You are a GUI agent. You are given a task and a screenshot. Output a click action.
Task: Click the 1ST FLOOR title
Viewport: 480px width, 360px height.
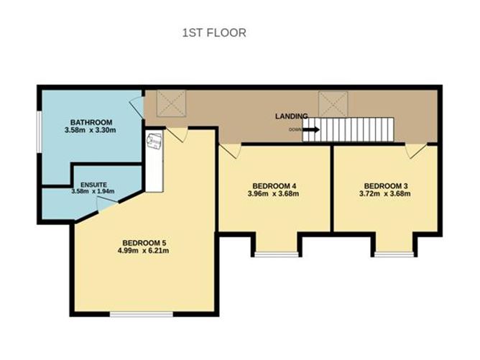point(215,32)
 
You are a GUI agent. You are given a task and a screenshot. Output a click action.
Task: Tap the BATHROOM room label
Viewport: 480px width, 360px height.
point(90,121)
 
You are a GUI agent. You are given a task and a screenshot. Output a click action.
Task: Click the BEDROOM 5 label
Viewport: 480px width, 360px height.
point(145,241)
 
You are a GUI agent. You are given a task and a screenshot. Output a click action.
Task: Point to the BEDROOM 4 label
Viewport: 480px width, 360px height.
point(272,185)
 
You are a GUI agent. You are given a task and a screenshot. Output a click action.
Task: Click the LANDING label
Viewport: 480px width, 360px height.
point(291,116)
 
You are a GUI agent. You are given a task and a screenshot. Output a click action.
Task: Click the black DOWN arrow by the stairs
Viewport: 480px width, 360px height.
point(310,130)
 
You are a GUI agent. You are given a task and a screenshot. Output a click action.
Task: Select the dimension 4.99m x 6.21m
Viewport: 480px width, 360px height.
point(145,251)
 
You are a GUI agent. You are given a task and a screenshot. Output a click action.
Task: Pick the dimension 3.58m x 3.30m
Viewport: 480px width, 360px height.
point(90,131)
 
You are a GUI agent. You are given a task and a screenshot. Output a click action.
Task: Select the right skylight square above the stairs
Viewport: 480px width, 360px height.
point(333,102)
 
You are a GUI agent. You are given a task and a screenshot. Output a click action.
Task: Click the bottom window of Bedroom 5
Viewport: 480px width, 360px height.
point(141,313)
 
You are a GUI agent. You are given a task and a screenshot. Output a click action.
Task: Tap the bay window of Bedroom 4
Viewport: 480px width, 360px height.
point(277,254)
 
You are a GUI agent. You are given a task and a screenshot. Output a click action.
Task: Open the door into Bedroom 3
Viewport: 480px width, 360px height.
point(415,150)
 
